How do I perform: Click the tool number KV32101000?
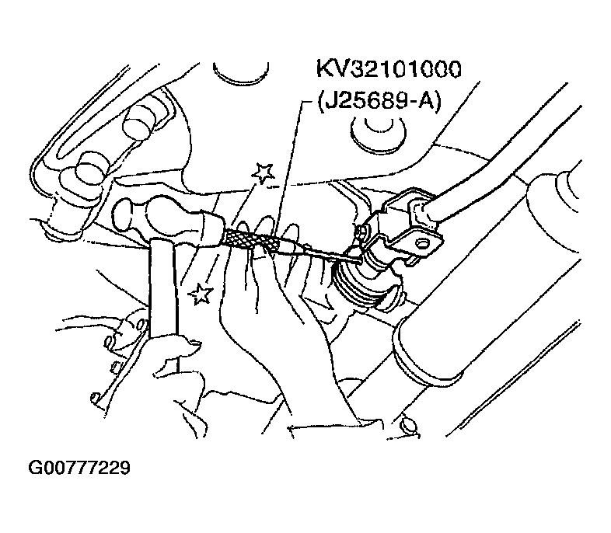coord(389,69)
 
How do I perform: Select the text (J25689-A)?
coord(379,102)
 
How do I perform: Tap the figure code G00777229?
coord(79,468)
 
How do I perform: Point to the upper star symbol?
coord(264,172)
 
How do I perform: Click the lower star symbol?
coord(201,294)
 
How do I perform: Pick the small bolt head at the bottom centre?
coord(409,426)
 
